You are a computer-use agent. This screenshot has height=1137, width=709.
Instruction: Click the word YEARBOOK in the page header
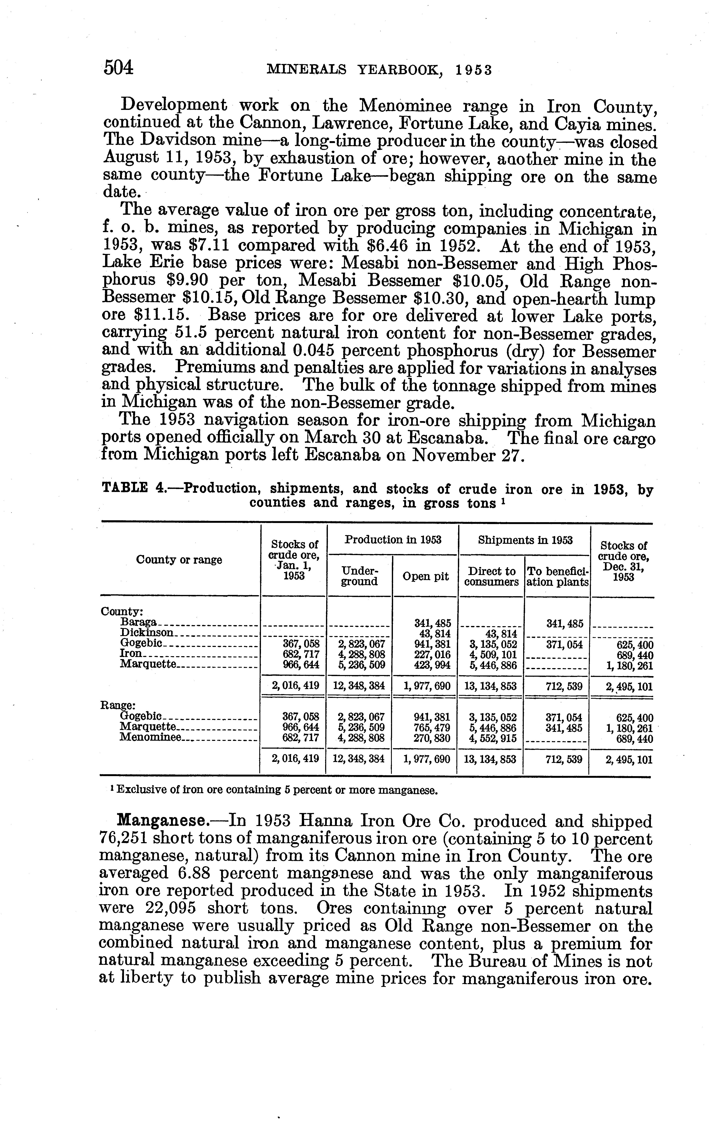(x=400, y=70)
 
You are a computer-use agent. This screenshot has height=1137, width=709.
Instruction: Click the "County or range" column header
(x=179, y=560)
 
